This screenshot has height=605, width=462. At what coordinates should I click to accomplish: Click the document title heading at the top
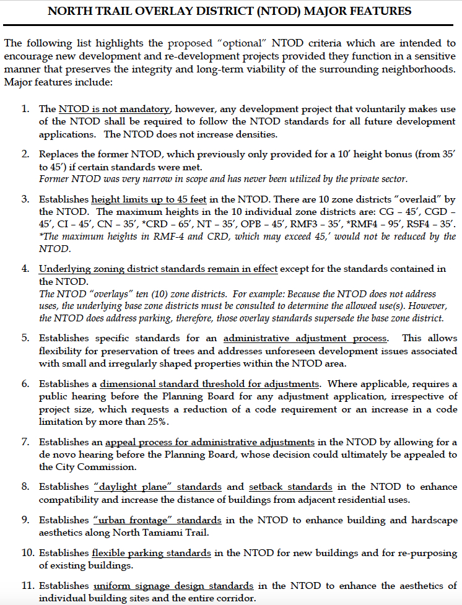click(x=230, y=11)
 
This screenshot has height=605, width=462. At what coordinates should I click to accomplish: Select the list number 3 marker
click(x=25, y=199)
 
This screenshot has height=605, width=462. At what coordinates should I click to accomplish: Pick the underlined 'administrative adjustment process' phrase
click(x=306, y=339)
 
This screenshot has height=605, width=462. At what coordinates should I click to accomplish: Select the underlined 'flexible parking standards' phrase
click(x=152, y=552)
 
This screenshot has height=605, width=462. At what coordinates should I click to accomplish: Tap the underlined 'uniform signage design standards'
click(x=173, y=585)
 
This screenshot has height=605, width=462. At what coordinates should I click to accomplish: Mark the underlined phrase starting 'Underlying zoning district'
click(x=159, y=269)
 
